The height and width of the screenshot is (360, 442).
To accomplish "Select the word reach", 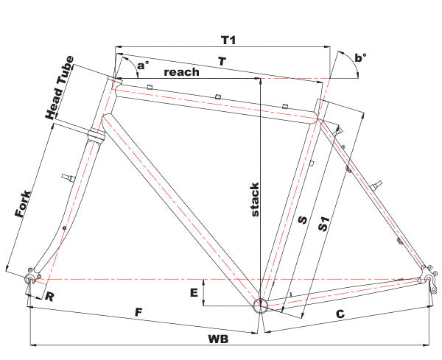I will pyautogui.click(x=181, y=71).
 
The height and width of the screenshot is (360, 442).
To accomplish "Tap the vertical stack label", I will pyautogui.click(x=254, y=199).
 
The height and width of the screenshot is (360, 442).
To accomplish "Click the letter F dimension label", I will pyautogui.click(x=138, y=311).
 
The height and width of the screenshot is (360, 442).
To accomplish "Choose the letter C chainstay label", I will pyautogui.click(x=340, y=314).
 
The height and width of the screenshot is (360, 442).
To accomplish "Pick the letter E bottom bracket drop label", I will pyautogui.click(x=194, y=292).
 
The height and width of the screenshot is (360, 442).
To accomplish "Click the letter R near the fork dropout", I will pyautogui.click(x=49, y=297).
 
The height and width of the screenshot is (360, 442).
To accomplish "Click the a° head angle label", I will pyautogui.click(x=142, y=66).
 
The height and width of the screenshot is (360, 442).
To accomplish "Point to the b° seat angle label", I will pyautogui.click(x=359, y=57).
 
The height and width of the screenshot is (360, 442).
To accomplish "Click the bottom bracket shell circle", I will pyautogui.click(x=260, y=306).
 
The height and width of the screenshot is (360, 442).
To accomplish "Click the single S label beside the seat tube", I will pyautogui.click(x=301, y=220).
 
